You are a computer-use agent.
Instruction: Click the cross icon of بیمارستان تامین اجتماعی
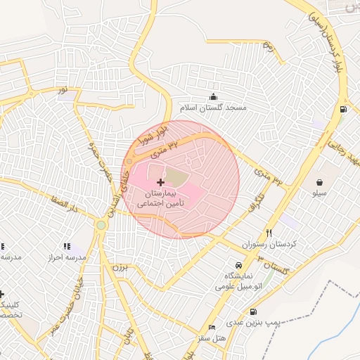[x=160, y=182]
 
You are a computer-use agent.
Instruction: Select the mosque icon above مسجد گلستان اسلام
[x=213, y=97]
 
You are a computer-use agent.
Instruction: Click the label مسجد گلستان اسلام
[x=214, y=108]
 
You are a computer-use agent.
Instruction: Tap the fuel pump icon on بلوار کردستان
[x=342, y=109]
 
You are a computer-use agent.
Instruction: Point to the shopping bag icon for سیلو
[x=319, y=182]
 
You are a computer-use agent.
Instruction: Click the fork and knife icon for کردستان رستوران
[x=269, y=233]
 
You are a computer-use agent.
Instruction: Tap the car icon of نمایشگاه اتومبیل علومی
[x=239, y=266]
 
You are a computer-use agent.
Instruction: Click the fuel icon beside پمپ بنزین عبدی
[x=253, y=311]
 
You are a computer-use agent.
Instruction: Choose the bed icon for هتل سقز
[x=212, y=328]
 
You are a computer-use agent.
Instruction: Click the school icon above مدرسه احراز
[x=67, y=247]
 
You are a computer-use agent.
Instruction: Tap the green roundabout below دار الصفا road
[x=102, y=225]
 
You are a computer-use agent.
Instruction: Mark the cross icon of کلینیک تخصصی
[x=1, y=294]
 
